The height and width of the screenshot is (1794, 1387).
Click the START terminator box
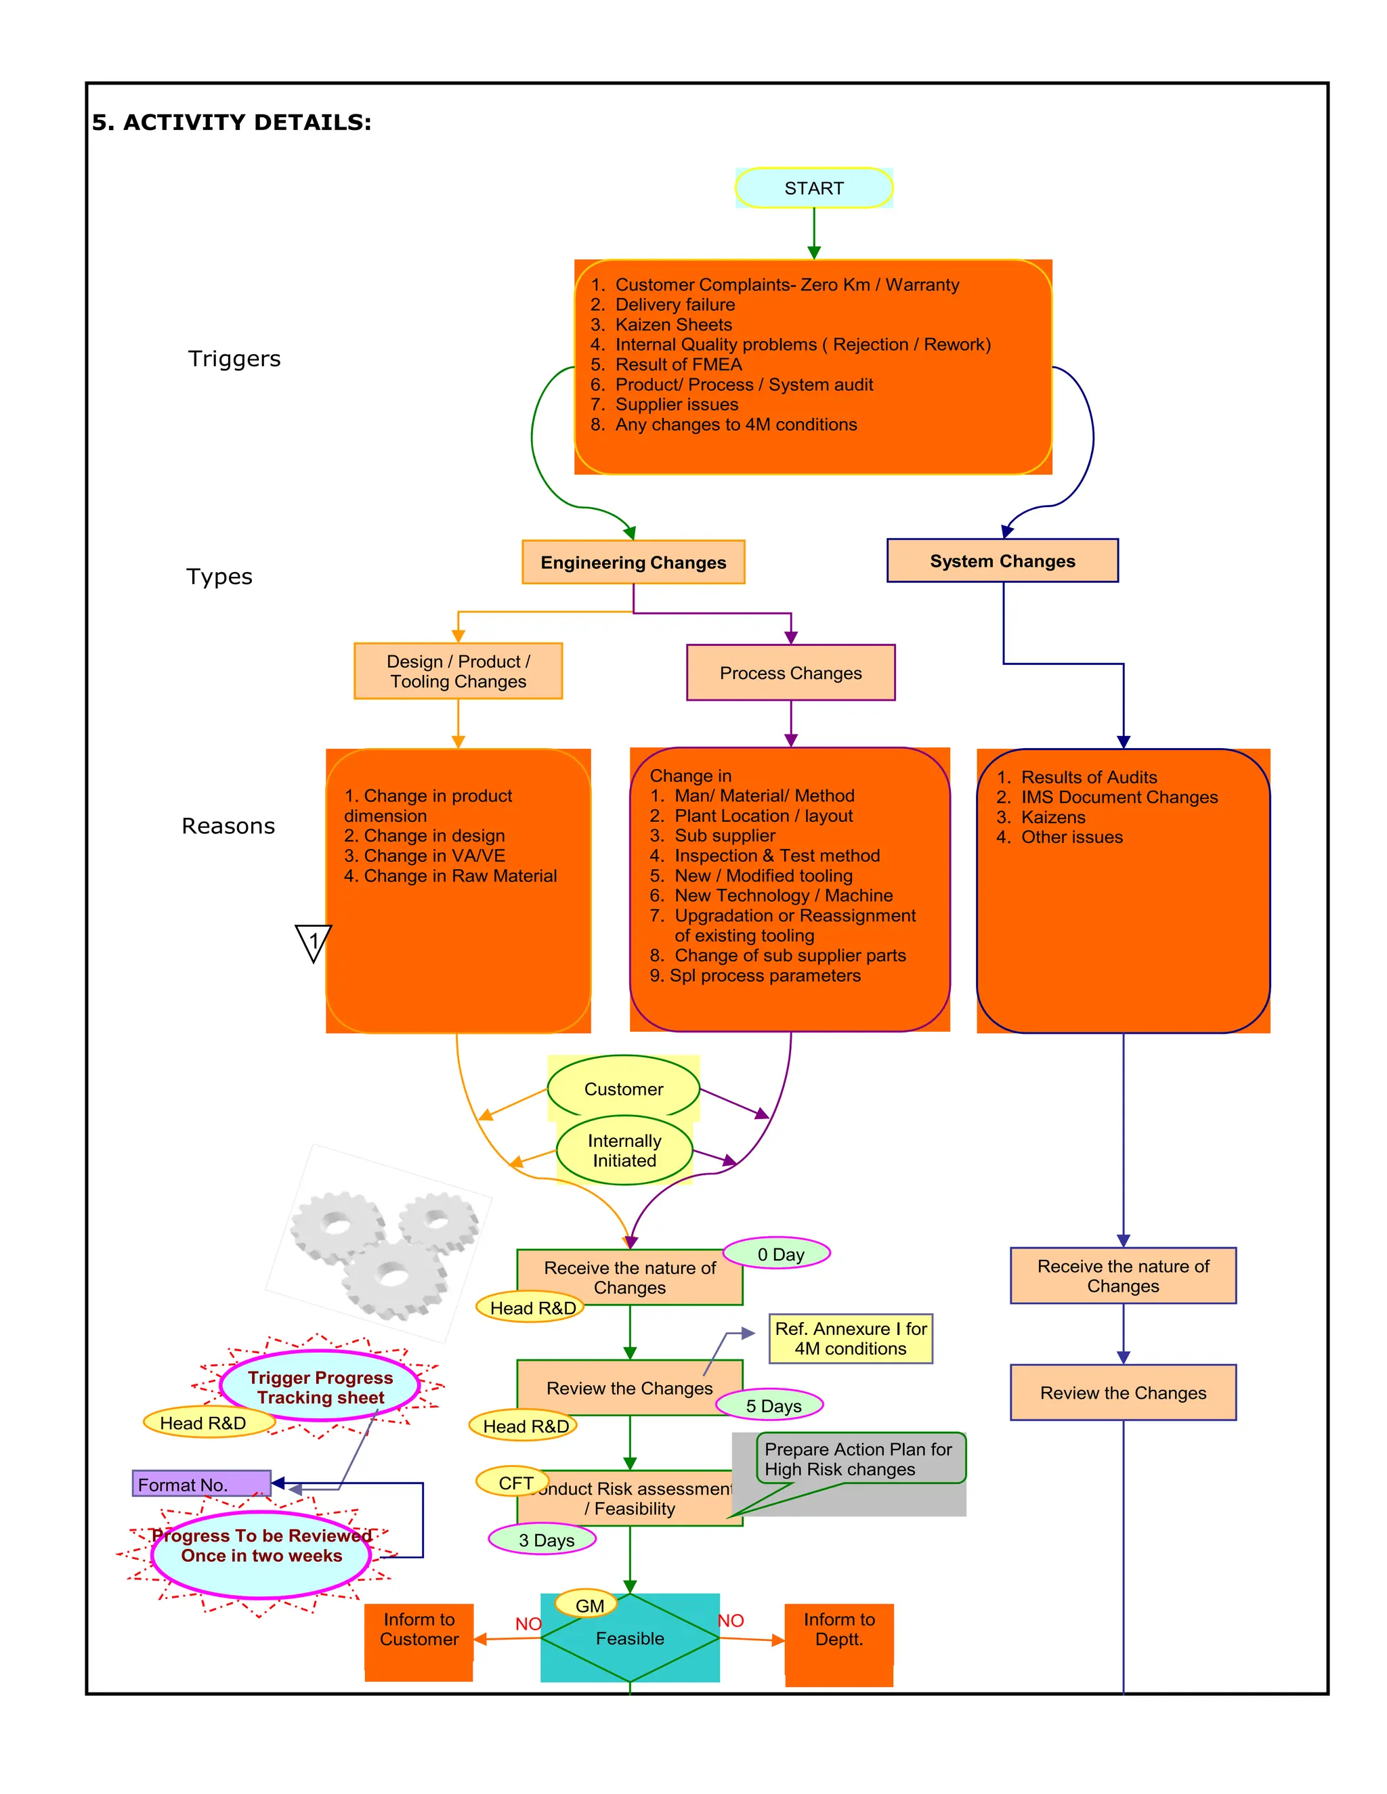(813, 188)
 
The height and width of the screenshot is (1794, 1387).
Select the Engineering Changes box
(633, 563)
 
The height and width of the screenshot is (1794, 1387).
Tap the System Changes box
(1002, 561)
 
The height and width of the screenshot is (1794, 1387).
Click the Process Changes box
(790, 673)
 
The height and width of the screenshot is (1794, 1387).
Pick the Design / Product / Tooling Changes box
(458, 671)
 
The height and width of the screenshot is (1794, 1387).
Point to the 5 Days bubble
(772, 1405)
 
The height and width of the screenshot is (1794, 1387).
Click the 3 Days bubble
(542, 1540)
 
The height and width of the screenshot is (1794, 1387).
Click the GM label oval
(589, 1605)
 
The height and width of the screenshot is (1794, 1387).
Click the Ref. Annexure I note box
(851, 1339)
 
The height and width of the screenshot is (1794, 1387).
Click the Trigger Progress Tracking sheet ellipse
(320, 1386)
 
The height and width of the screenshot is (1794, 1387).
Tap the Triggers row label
(234, 359)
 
